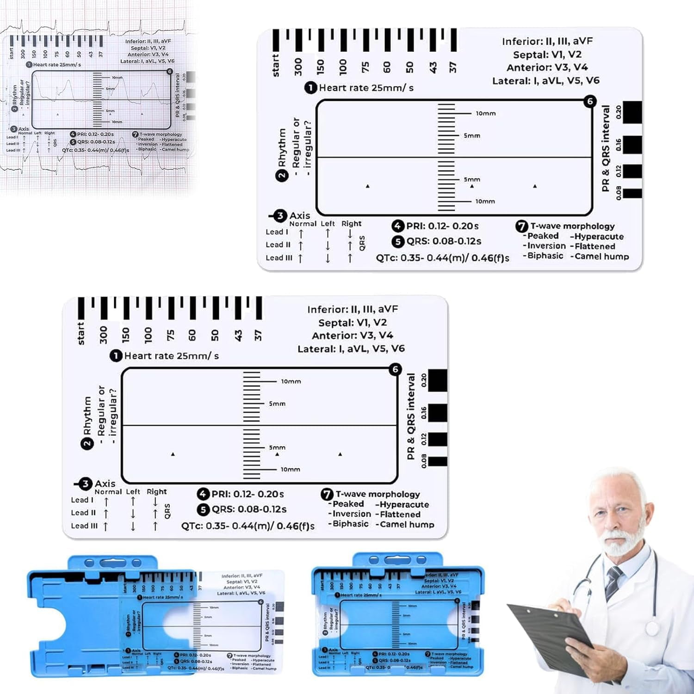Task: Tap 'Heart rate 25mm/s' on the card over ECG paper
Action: tap(57, 65)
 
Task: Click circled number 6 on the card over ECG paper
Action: tap(169, 71)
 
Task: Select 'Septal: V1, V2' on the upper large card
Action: tap(547, 55)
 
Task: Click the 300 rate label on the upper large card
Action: tap(298, 67)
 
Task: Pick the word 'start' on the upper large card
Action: tap(276, 66)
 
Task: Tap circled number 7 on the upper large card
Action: tap(521, 226)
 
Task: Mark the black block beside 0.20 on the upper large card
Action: tap(632, 112)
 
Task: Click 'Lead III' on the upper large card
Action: tap(279, 258)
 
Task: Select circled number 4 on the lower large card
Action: tap(203, 494)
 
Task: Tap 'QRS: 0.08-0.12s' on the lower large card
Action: tap(249, 509)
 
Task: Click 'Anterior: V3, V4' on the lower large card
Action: tap(352, 335)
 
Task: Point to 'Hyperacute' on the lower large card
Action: tap(404, 504)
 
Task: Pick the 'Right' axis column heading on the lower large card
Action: tap(156, 492)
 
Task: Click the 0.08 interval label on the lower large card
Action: tap(424, 461)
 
